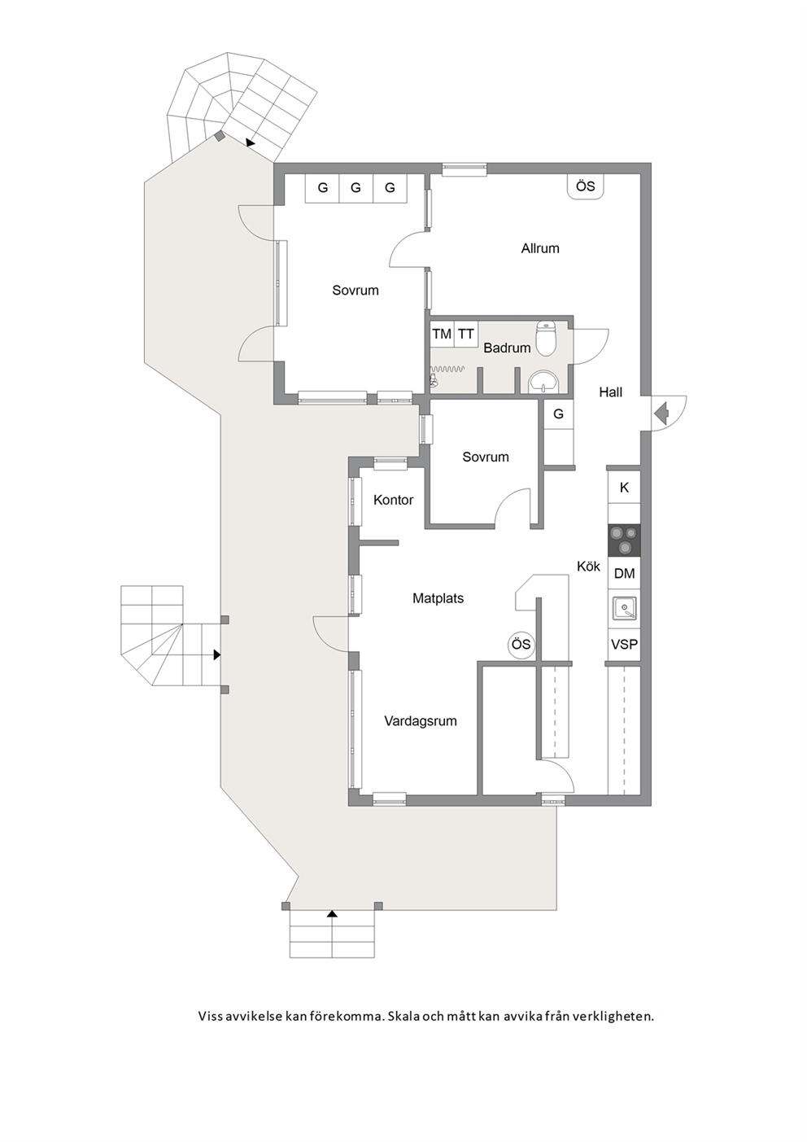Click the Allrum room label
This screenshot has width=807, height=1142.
click(x=540, y=248)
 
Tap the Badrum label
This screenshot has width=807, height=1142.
click(x=507, y=348)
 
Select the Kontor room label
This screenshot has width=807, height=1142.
click(x=393, y=500)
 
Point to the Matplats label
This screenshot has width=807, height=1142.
click(x=438, y=598)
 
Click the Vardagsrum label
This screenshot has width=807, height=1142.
click(x=421, y=721)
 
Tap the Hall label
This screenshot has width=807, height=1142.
click(x=611, y=392)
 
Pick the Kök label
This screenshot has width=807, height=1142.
click(x=588, y=566)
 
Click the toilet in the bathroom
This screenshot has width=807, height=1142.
click(x=546, y=338)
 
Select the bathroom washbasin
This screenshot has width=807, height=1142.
click(x=544, y=382)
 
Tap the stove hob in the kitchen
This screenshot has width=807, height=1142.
click(x=625, y=540)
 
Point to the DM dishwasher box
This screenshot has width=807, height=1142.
click(x=625, y=574)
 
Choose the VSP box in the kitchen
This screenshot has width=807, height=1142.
click(x=625, y=645)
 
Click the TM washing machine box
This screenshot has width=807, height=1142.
click(x=443, y=335)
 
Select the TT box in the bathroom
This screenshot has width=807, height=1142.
click(x=465, y=335)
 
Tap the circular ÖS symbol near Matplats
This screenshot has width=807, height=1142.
click(x=521, y=645)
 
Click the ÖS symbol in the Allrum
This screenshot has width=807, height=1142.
click(x=586, y=186)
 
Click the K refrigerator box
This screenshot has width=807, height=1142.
click(x=625, y=488)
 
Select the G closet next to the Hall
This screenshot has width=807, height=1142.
click(x=559, y=414)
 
